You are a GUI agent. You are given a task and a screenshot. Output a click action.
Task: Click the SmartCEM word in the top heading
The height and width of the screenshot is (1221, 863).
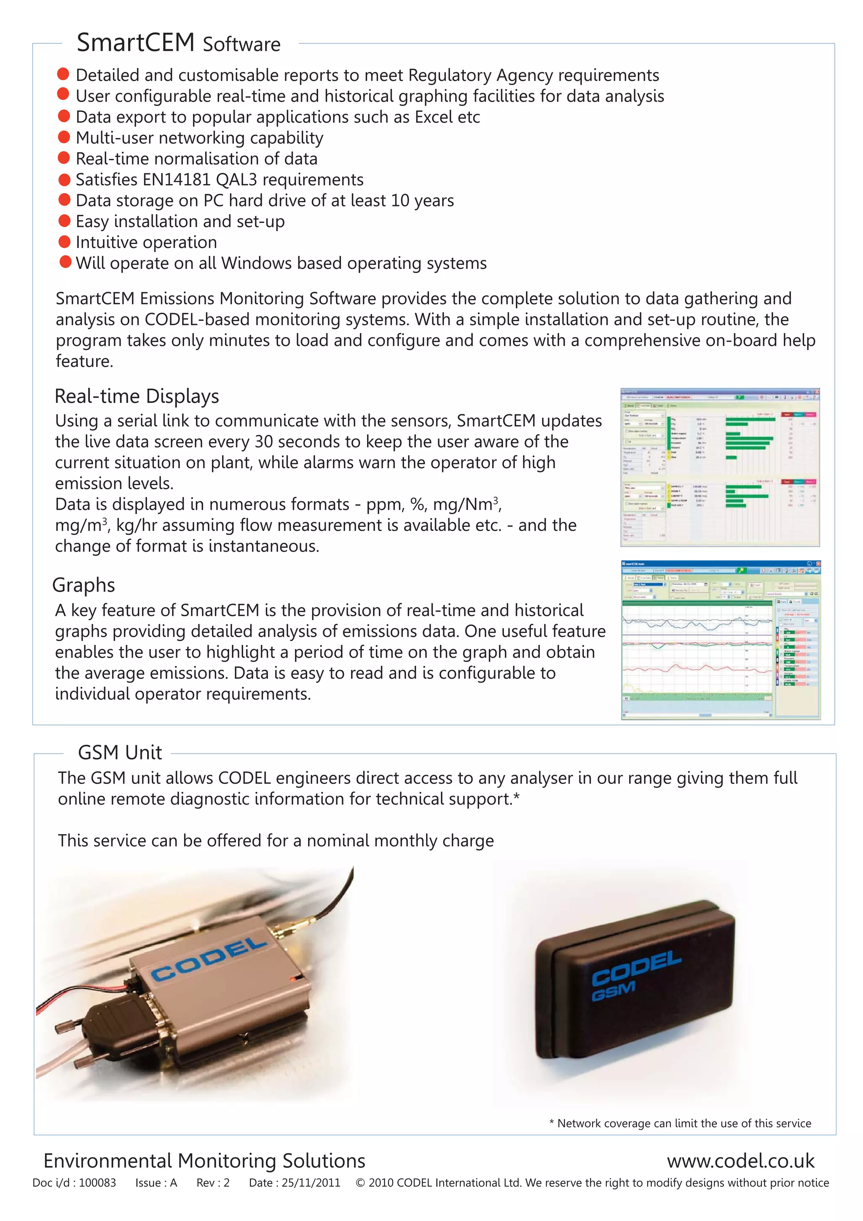pos(136,43)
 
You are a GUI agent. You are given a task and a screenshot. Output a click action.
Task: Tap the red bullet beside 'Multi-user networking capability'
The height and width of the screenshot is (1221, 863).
pos(64,137)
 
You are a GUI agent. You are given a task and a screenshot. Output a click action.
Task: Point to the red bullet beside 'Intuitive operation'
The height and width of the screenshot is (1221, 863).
pos(64,242)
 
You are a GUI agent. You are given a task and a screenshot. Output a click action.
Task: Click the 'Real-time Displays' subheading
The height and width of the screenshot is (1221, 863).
pos(137,396)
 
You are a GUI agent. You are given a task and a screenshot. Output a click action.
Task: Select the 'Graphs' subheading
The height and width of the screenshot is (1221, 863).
pos(83,585)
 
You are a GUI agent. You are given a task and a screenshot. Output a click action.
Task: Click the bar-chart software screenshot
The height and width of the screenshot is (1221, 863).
pos(720,467)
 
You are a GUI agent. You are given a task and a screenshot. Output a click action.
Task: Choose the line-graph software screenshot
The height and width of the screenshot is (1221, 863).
pos(721,640)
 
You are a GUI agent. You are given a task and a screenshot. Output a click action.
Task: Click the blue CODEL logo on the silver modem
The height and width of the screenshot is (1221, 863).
pos(209,959)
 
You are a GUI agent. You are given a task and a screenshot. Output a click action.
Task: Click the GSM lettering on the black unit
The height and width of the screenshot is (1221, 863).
pos(613,991)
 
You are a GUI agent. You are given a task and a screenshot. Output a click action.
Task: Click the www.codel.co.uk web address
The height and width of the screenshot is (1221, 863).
pos(740,1161)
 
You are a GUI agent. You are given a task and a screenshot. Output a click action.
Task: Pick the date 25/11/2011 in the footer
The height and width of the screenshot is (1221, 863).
pos(311,1183)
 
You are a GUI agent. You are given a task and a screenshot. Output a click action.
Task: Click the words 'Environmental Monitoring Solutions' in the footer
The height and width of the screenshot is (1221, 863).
pos(204,1161)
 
